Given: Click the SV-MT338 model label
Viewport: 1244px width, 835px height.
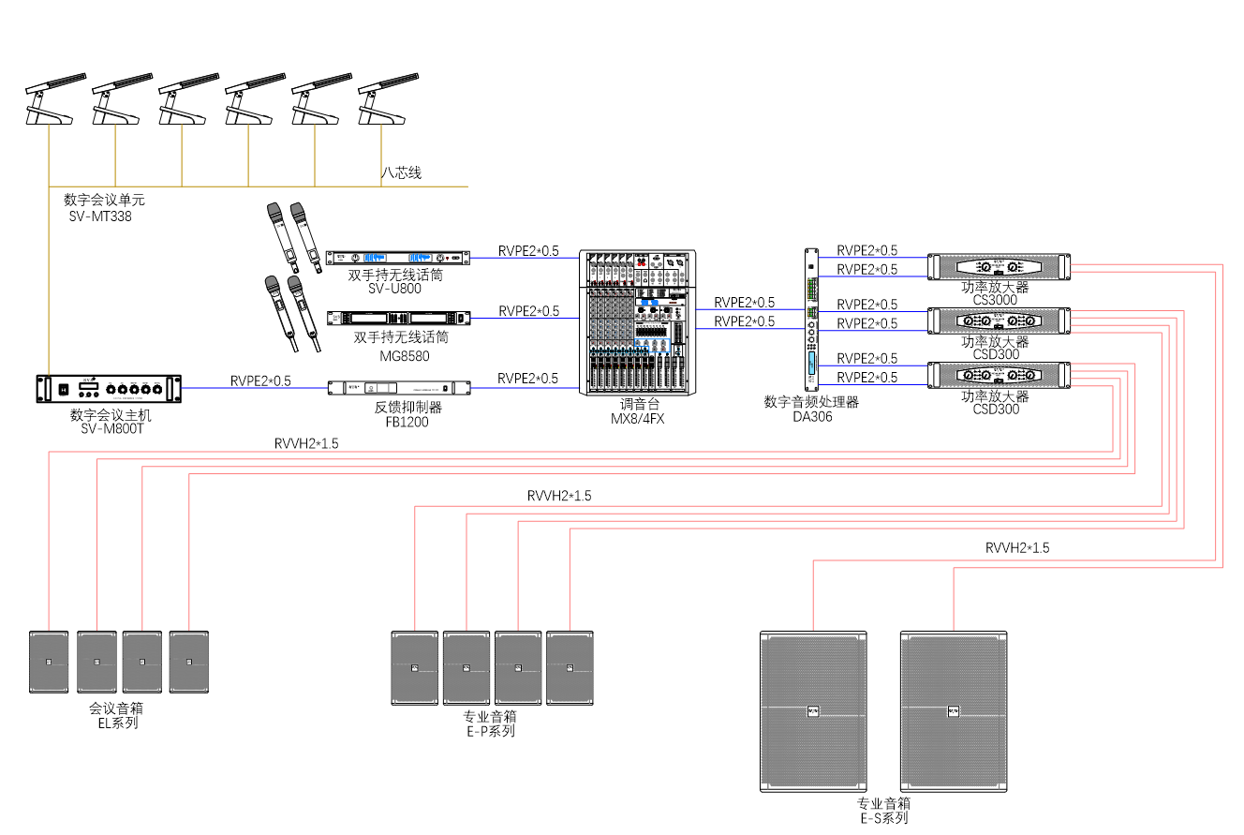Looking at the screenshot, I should click(x=100, y=216).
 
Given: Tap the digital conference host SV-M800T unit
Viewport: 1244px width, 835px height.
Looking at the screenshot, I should click(x=108, y=388).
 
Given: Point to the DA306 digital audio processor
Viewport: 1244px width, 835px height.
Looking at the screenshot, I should click(x=811, y=319).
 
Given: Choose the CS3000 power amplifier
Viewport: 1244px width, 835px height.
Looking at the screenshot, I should click(x=998, y=266).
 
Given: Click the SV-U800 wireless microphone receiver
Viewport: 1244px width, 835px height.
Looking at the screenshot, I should click(x=396, y=258).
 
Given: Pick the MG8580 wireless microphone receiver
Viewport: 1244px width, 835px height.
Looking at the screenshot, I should click(x=396, y=319).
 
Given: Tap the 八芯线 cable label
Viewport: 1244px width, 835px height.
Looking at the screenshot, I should click(x=401, y=172).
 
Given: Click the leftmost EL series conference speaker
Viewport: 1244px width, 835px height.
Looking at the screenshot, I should click(x=49, y=662).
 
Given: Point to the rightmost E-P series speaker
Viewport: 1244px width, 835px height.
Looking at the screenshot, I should click(x=570, y=667).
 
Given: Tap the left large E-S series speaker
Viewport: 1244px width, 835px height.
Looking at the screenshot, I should click(x=813, y=711).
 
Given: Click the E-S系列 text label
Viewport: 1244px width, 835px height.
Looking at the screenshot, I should click(x=884, y=818).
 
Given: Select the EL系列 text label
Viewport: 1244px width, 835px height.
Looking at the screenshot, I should click(x=118, y=723).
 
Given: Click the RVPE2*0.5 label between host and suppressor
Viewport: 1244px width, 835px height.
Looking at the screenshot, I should click(x=260, y=380).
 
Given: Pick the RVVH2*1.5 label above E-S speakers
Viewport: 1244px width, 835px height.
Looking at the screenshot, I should click(x=1017, y=547).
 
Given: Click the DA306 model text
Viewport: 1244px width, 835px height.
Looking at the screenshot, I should click(x=811, y=416).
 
